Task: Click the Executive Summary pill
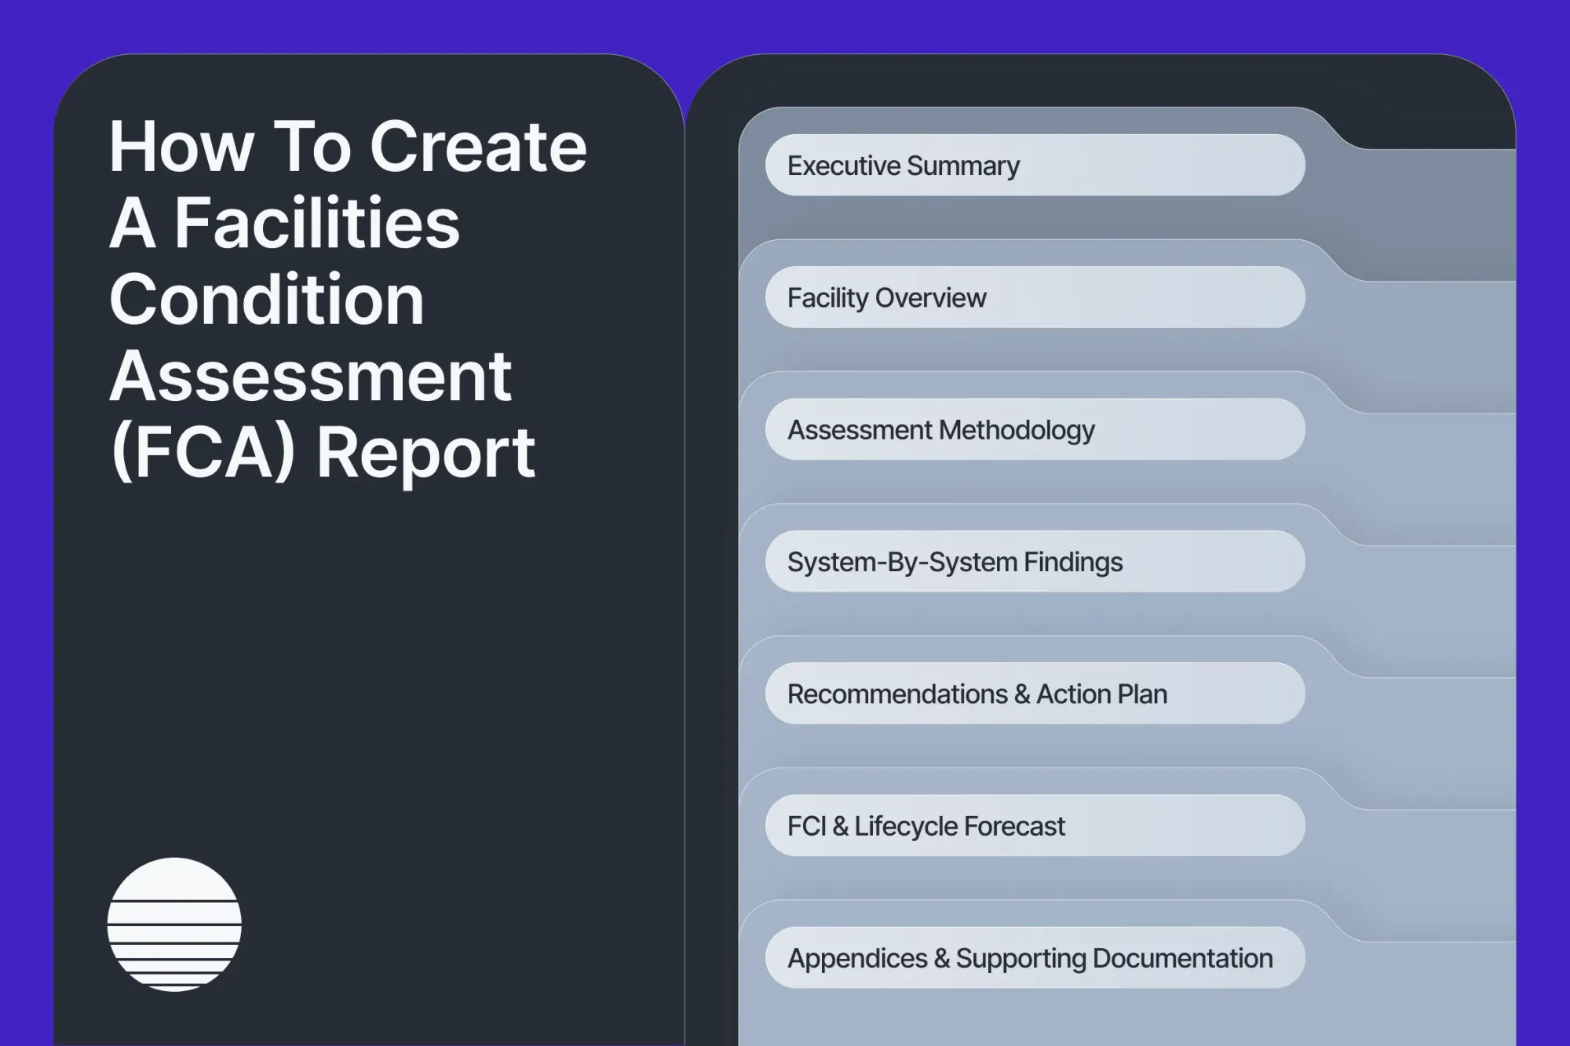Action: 1035,166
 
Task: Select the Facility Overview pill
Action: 1035,297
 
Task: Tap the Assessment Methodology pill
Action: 1035,429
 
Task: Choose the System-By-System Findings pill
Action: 1035,562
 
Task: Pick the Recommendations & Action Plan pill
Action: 1035,694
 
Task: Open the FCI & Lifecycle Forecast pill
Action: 1035,826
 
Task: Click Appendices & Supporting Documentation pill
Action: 1035,957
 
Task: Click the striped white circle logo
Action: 174,924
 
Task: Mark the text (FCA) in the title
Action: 203,454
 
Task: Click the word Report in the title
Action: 425,454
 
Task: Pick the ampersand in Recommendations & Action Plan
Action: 1021,694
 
